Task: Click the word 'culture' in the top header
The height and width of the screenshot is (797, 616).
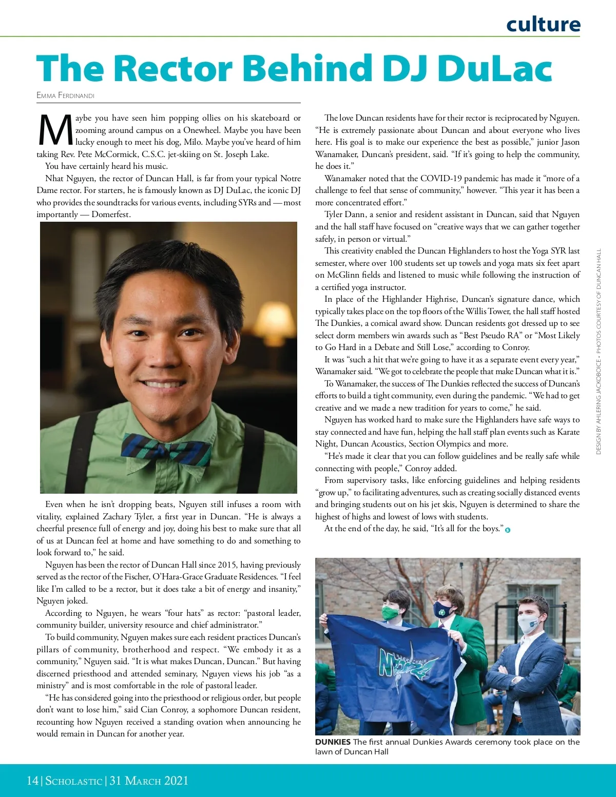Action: click(543, 24)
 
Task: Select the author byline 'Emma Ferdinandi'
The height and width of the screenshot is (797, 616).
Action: click(65, 95)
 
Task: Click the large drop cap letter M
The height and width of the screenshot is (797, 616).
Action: click(55, 130)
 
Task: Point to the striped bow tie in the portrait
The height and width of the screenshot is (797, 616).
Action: click(166, 450)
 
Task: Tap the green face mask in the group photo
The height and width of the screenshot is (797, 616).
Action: click(391, 613)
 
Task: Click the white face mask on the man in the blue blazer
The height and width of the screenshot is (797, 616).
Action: click(528, 625)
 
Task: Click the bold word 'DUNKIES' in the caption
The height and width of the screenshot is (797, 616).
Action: click(333, 742)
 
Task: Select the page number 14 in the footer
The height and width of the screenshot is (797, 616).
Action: click(32, 781)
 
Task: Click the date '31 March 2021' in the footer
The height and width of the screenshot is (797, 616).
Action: click(149, 781)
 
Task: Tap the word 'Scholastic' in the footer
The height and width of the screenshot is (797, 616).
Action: click(74, 781)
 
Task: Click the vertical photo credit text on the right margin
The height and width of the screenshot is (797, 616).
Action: click(599, 352)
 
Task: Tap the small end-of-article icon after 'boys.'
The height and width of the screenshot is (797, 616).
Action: click(508, 530)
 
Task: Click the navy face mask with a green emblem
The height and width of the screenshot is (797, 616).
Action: click(442, 610)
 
